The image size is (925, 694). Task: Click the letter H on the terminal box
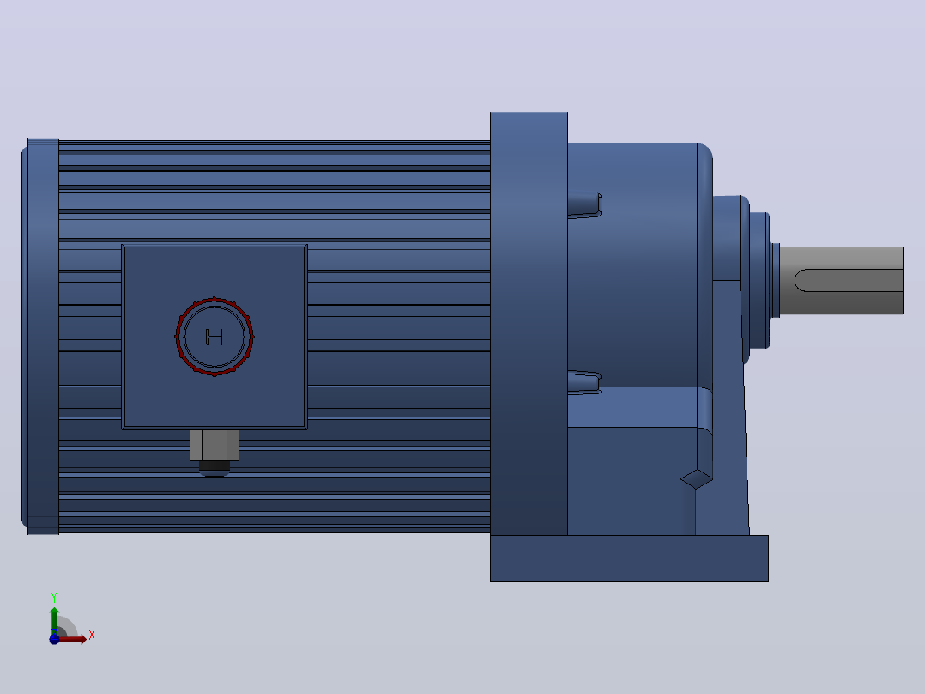[x=215, y=338]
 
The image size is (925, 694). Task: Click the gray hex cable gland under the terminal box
[x=215, y=445]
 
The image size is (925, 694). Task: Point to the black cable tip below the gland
[x=215, y=468]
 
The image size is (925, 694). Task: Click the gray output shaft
[x=841, y=280]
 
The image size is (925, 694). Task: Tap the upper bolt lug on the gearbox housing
[x=584, y=204]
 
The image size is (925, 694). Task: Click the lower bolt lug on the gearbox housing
[x=584, y=382]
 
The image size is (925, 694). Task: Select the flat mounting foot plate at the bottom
[x=629, y=558]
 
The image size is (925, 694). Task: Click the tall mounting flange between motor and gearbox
[x=529, y=323]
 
